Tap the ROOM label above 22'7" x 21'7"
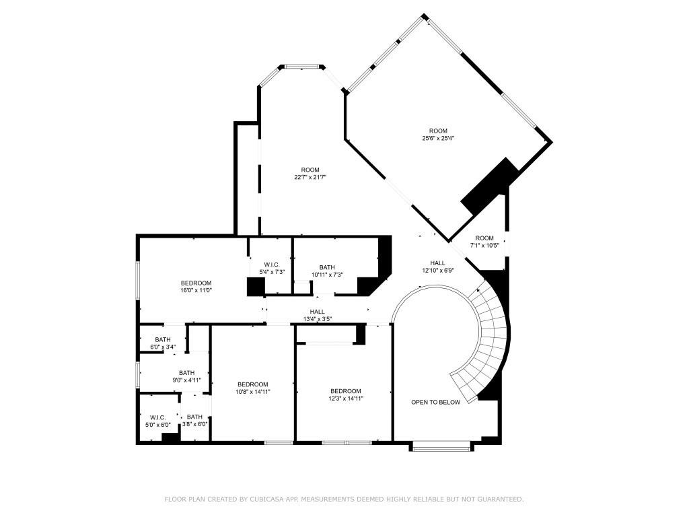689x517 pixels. [310, 170]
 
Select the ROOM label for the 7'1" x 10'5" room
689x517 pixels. [484, 238]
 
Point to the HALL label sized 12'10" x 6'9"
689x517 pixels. [437, 263]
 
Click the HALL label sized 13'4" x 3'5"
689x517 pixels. [318, 312]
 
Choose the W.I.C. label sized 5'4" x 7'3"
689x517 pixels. [272, 264]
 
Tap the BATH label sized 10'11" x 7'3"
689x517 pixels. [327, 267]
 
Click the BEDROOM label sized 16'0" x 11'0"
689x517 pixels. [196, 283]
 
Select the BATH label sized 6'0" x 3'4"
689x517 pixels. [162, 339]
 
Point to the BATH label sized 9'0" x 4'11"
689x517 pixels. [186, 373]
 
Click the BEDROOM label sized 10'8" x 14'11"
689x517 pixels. [252, 384]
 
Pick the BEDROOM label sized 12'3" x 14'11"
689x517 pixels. [345, 390]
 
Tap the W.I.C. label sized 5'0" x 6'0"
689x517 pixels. [157, 417]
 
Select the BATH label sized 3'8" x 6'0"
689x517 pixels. [194, 417]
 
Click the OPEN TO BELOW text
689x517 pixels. [436, 402]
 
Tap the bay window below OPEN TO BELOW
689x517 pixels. [441, 444]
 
